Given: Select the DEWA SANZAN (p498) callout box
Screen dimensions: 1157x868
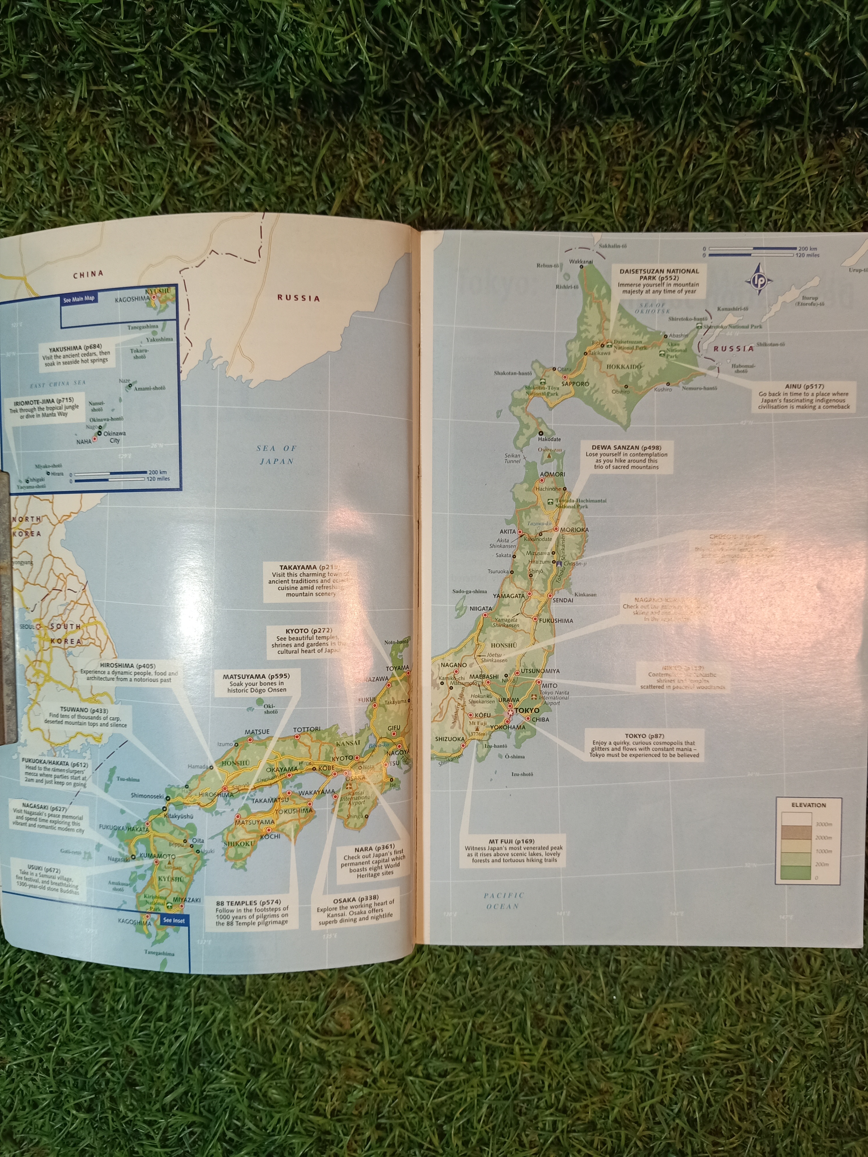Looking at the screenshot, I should click(x=626, y=457).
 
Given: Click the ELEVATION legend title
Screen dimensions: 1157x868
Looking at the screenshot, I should click(x=808, y=805).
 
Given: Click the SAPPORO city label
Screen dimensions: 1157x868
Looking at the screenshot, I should click(x=575, y=384).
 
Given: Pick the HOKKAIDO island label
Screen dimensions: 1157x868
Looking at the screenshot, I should click(x=624, y=367).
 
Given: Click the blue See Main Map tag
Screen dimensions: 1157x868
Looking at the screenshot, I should click(x=79, y=299).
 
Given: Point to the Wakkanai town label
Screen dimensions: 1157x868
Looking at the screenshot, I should click(x=581, y=261).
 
